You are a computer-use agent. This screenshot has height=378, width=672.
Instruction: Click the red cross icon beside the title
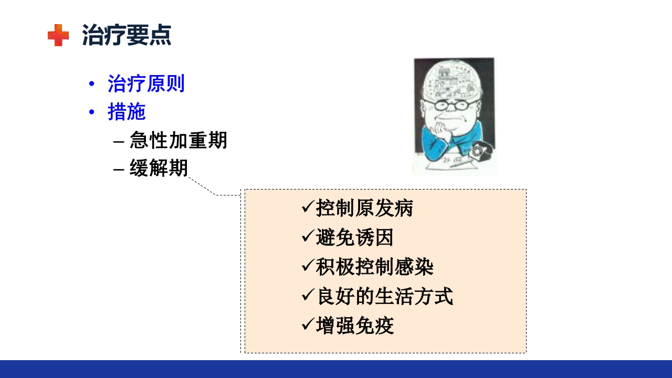(58, 35)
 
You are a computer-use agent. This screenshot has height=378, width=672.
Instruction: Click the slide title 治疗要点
(127, 35)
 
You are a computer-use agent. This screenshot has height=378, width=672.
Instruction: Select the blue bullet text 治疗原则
(146, 83)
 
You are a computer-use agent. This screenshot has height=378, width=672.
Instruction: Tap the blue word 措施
(127, 112)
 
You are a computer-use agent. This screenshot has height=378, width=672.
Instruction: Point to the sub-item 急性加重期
(178, 140)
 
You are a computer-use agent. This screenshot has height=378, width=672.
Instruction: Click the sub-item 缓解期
(159, 169)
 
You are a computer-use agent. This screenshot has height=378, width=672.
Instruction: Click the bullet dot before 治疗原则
(92, 84)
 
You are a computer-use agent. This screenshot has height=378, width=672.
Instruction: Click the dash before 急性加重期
(119, 141)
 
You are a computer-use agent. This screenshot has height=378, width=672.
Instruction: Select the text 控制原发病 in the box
(364, 208)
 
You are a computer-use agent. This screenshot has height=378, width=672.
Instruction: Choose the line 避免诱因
(354, 238)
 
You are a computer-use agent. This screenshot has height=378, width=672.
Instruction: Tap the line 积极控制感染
(374, 267)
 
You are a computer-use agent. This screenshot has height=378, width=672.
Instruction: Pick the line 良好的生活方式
(384, 297)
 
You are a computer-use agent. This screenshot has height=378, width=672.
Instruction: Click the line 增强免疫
(354, 326)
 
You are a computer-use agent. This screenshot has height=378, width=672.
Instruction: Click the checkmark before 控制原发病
(307, 207)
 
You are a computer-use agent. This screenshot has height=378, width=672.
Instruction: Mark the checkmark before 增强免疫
(307, 325)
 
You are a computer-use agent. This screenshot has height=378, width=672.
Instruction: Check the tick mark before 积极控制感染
(307, 266)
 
